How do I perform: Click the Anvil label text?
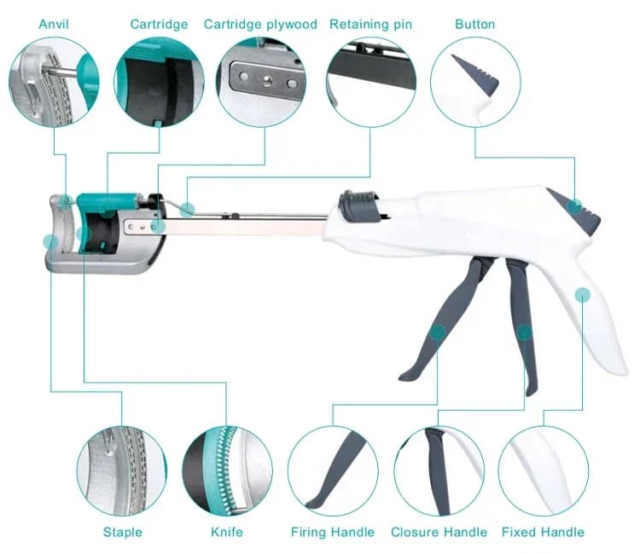pos(54,24)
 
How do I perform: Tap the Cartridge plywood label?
pos(260,25)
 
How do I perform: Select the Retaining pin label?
pos(370,25)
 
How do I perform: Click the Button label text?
pos(475,24)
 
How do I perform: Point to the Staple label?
pos(122,532)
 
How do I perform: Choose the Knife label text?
pos(227,532)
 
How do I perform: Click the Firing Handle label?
pos(333,532)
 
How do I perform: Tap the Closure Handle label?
pos(439,532)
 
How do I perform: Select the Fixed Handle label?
pos(543,532)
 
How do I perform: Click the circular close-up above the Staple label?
pos(122,471)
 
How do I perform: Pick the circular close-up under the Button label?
pos(475,82)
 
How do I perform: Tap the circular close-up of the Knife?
pos(227,471)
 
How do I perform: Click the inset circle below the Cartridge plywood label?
pos(261,82)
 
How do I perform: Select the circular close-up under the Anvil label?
pos(54,82)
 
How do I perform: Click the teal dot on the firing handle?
pos(438,332)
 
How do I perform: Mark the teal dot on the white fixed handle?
pos(583,295)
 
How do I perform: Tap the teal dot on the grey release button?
pos(575,206)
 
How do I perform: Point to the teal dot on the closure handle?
pos(525,332)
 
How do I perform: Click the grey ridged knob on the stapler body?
pos(358,205)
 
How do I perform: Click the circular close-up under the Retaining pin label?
pos(371,82)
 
